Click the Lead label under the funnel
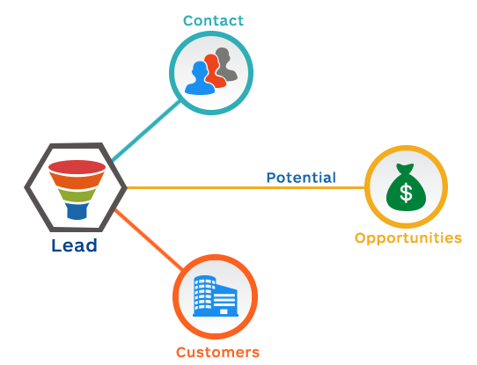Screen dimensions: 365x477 click(x=74, y=245)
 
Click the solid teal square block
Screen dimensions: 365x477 click(x=147, y=128)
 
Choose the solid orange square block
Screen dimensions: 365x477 click(x=147, y=241)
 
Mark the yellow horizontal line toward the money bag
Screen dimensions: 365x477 click(x=246, y=187)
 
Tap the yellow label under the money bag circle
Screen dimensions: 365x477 click(x=407, y=238)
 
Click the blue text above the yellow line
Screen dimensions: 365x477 click(x=301, y=177)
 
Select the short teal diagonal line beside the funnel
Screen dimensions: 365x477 click(x=120, y=156)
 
